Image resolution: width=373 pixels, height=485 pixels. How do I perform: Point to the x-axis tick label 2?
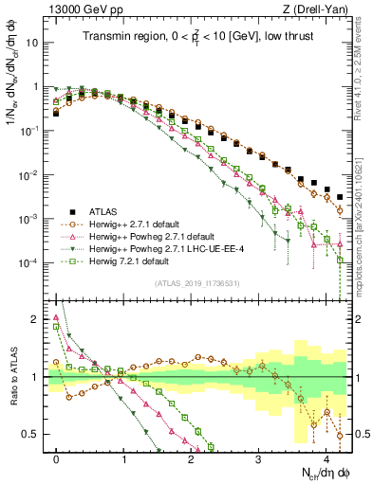[x=192, y=455]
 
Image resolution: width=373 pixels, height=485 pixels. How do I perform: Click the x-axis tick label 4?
[x=326, y=455]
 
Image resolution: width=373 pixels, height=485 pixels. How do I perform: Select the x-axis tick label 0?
[x=57, y=455]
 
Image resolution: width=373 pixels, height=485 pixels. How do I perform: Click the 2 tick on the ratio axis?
[x=37, y=318]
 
